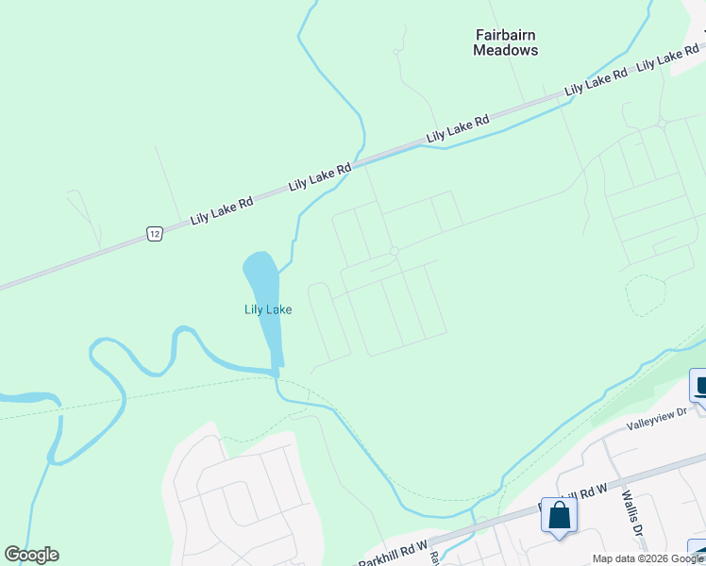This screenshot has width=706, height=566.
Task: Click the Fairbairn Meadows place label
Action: click(505, 42)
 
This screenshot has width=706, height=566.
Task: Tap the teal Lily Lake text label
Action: click(268, 309)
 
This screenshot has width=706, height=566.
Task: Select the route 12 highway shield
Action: click(155, 233)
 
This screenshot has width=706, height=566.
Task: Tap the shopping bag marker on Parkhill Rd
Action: click(560, 516)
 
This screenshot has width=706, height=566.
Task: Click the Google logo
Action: click(31, 555)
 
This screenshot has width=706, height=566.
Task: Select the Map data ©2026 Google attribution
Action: click(647, 558)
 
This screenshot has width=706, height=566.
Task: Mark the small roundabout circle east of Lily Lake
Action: click(394, 251)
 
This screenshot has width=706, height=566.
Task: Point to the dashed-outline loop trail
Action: click(646, 295)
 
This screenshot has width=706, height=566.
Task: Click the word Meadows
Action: click(505, 50)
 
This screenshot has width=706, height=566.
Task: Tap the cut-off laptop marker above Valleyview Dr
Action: click(699, 385)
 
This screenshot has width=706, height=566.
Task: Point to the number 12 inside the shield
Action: click(155, 233)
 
